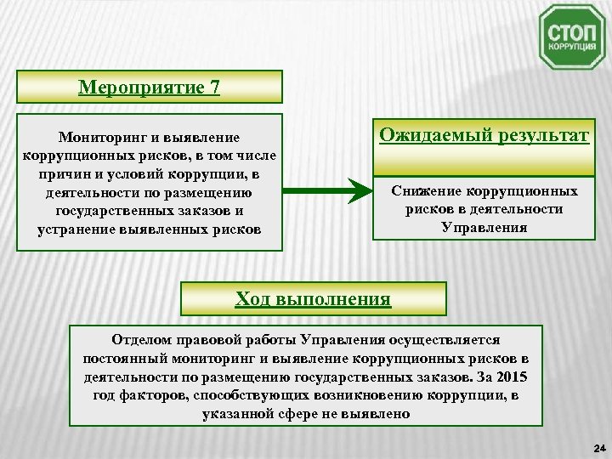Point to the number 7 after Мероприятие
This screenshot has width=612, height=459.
pos(213,87)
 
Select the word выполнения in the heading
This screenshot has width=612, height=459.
pos(337,298)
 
